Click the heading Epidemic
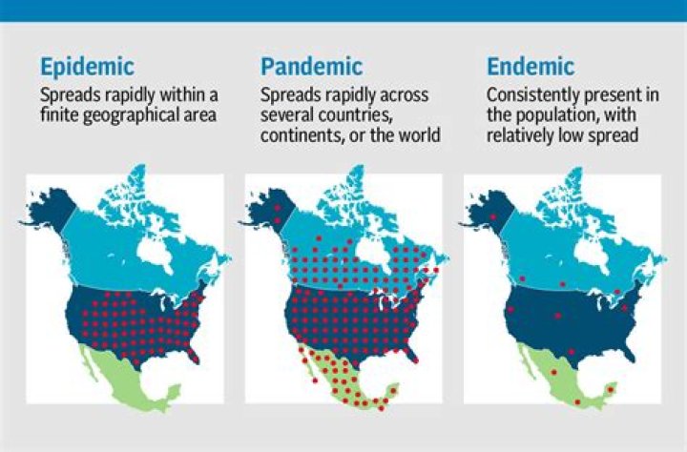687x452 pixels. (87, 67)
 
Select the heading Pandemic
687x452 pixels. (311, 67)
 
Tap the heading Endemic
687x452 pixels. (531, 67)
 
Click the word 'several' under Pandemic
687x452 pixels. (285, 115)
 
